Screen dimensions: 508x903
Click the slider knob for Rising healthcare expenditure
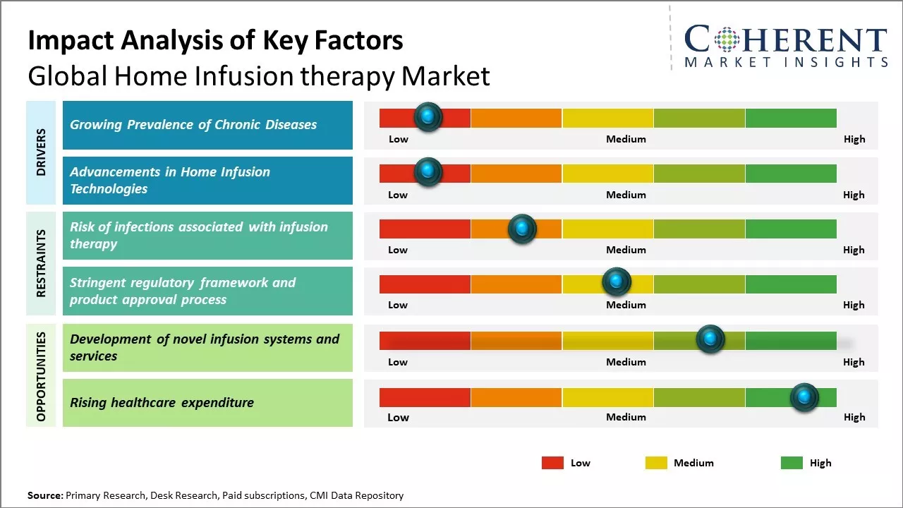click(804, 397)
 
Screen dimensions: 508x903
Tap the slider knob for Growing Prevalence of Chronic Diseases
click(428, 117)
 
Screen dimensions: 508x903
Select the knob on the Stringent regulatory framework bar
click(616, 282)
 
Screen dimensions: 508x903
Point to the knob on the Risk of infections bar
click(521, 228)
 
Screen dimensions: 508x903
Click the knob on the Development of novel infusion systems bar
click(710, 339)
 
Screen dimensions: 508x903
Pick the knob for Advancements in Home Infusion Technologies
click(428, 172)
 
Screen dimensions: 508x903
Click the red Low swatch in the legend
click(552, 463)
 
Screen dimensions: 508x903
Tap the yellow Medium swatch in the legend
click(656, 463)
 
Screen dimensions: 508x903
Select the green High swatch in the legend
click(792, 463)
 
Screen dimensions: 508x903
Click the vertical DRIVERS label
click(41, 152)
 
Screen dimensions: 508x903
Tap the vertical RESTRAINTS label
click(41, 263)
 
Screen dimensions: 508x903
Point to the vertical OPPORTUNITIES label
click(41, 376)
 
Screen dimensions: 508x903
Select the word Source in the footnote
click(44, 496)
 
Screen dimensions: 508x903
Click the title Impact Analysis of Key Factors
click(215, 40)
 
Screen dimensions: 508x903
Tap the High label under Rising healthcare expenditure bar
click(854, 417)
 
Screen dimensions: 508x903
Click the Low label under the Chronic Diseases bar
click(399, 139)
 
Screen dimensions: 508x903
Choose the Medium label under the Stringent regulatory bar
click(626, 305)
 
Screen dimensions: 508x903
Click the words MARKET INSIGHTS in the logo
click(786, 63)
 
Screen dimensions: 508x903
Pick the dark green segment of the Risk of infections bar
click(790, 229)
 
